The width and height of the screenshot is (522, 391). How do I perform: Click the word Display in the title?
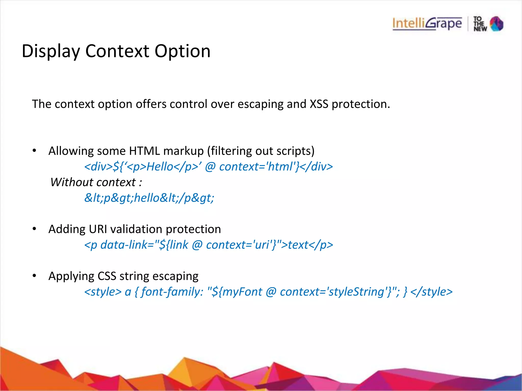pos(51,51)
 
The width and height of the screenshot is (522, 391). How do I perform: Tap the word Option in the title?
pos(182,51)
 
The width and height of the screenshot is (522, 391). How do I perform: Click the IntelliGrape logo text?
pos(427,24)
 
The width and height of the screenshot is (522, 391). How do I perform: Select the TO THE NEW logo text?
pos(480,24)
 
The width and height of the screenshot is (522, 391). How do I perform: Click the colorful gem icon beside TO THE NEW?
pos(497,24)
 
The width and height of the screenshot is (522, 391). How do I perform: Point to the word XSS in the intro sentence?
pos(319,104)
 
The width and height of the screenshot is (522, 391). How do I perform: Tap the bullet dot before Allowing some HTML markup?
pos(34,150)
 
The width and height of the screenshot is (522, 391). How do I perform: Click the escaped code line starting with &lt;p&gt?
pos(149,198)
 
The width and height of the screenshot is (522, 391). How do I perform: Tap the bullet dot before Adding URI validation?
pos(34,229)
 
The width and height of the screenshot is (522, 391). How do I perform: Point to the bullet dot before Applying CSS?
pos(34,275)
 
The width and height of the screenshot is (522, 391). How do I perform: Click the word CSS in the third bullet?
pos(107,276)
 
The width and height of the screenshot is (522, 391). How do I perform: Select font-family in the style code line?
pos(171,292)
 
